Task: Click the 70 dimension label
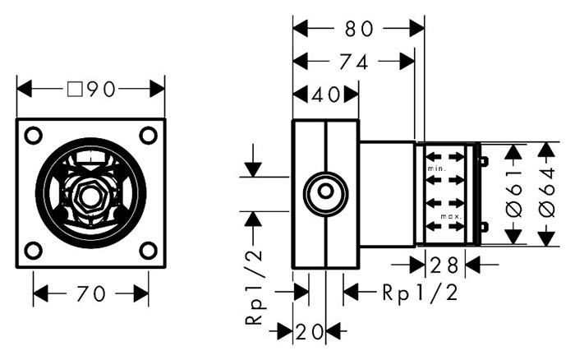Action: point(90,293)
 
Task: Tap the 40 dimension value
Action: point(325,94)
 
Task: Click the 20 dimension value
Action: point(310,331)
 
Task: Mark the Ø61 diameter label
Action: point(514,194)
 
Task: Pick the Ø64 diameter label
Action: point(547,194)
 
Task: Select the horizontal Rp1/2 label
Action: point(419,292)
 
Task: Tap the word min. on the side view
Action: point(435,168)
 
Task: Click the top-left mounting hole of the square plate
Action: point(33,135)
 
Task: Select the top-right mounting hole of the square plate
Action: point(148,135)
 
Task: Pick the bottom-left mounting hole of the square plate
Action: point(33,250)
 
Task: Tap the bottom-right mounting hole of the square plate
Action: point(148,250)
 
